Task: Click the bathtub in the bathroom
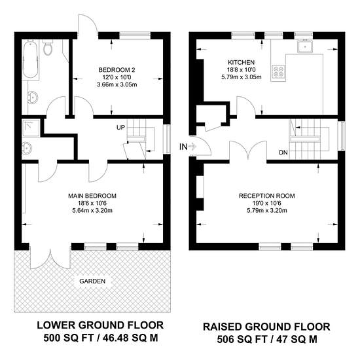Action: coord(30,60)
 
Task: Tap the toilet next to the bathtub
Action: coord(48,48)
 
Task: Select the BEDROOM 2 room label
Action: coord(117,70)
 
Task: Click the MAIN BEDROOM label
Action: coord(92,196)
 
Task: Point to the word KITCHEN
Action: coord(242,62)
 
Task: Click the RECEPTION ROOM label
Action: coord(267,196)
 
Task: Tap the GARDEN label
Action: coord(92,281)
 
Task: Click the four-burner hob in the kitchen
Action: coord(278,71)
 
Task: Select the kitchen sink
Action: coord(305,46)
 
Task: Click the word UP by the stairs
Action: coord(121,128)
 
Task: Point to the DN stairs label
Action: coord(283,153)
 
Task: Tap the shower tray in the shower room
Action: coord(31,128)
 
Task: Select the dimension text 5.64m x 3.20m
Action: coord(92,210)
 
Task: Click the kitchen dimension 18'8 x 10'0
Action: coord(242,69)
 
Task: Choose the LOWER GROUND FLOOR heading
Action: coord(100,325)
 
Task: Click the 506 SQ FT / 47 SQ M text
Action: coord(267,339)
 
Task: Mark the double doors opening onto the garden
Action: coord(50,259)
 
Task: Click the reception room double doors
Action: coord(248,151)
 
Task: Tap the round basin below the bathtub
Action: coord(32,97)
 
